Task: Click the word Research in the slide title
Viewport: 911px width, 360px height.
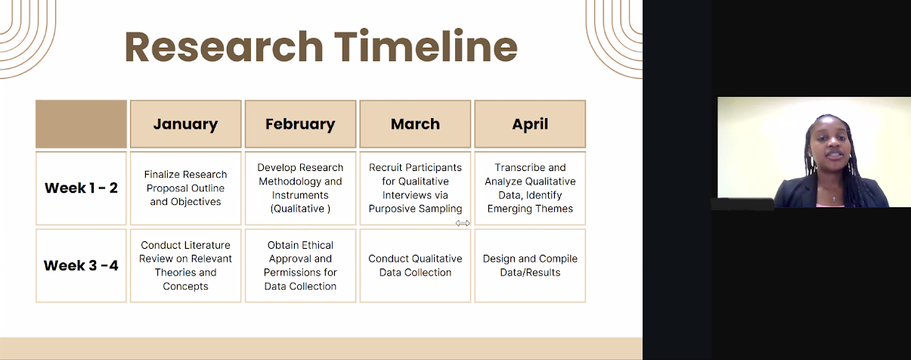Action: [224, 47]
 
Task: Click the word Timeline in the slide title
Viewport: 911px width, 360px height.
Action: [426, 46]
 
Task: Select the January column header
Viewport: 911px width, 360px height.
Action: [185, 124]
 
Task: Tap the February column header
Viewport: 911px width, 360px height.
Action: [300, 124]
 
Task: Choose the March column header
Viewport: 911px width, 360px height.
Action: [415, 124]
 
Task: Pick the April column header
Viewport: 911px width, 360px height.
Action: [530, 124]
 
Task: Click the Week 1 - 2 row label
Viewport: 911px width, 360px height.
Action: [82, 188]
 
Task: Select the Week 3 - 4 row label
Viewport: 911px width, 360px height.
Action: [82, 265]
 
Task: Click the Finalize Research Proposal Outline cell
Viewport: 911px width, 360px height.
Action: [185, 188]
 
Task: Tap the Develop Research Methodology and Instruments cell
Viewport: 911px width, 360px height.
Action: [300, 188]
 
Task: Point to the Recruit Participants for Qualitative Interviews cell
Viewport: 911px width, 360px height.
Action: [415, 188]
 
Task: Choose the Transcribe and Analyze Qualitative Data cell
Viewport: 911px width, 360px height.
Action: [530, 188]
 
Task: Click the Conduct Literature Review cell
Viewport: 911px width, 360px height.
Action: [185, 265]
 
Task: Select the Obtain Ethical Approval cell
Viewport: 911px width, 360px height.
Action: [300, 265]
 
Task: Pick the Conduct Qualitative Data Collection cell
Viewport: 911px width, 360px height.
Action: [415, 265]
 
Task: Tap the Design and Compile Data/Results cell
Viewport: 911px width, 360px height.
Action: [530, 265]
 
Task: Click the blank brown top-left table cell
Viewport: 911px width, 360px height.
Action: [82, 124]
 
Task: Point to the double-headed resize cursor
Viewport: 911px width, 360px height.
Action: [463, 223]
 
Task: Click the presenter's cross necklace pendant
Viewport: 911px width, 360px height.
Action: [833, 198]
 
